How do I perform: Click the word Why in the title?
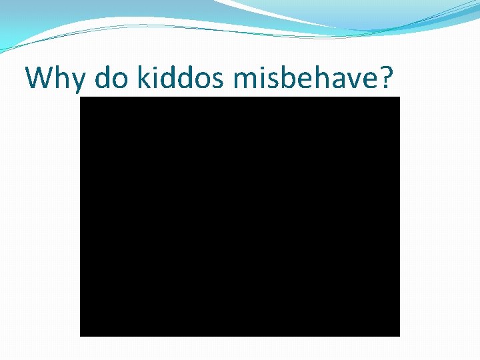(56, 79)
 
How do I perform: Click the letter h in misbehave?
(317, 77)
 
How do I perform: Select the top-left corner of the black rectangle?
(81, 97)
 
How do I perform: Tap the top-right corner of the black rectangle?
(399, 97)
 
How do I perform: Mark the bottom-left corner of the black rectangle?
(81, 335)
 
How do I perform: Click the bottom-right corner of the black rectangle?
(399, 335)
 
